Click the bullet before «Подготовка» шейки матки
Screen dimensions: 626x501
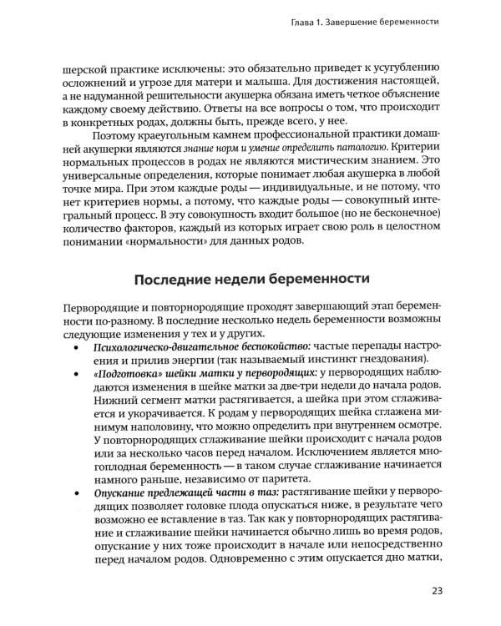(x=78, y=404)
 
